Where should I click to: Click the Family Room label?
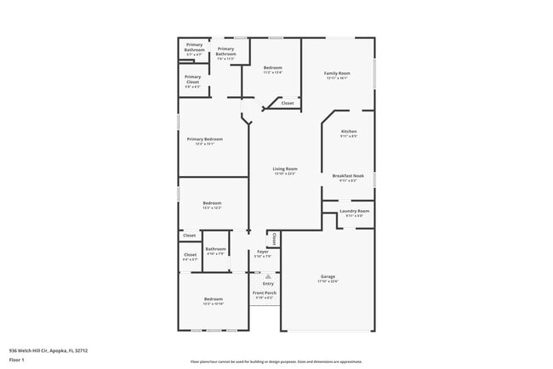click(x=337, y=73)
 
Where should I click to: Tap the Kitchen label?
click(x=349, y=131)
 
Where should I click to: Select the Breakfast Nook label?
click(x=349, y=176)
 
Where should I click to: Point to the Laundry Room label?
click(x=354, y=211)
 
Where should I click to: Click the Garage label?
click(x=328, y=277)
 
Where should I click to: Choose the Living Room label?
click(x=284, y=168)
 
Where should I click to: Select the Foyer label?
click(x=263, y=252)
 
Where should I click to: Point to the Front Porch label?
click(x=265, y=292)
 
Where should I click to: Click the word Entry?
click(x=268, y=283)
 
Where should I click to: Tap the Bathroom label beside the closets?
click(x=215, y=249)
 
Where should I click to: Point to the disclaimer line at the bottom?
click(x=276, y=360)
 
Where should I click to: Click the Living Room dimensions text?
click(x=284, y=173)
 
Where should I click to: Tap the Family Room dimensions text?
click(x=337, y=78)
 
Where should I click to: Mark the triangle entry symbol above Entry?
click(x=268, y=276)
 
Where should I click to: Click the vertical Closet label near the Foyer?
click(x=274, y=239)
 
